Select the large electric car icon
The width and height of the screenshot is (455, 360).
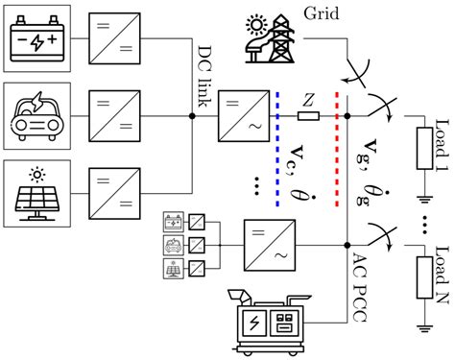[35, 117]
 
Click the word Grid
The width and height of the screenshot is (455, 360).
[322, 12]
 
